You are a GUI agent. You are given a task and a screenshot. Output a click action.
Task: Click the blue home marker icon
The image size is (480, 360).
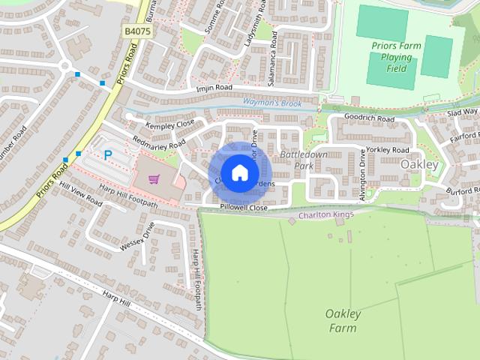pos(239,172)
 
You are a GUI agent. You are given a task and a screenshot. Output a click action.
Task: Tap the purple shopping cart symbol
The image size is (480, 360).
pos(154,179)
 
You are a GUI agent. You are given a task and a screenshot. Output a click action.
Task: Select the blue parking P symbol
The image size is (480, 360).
pos(107,155)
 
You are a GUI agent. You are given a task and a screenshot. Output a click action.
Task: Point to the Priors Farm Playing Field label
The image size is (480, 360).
pos(397,57)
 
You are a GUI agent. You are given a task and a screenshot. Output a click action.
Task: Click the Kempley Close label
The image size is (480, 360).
pos(170,124)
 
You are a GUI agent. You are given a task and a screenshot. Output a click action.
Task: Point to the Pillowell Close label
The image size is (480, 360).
pos(244,207)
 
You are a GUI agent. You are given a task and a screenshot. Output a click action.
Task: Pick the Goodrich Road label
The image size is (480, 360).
pos(369,118)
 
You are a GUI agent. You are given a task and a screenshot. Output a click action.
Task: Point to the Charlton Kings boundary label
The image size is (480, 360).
pos(325,215)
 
